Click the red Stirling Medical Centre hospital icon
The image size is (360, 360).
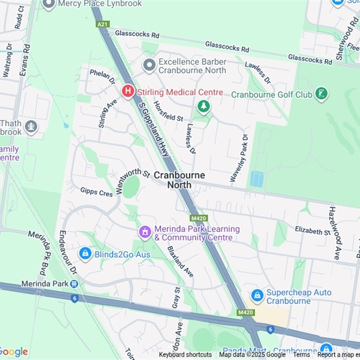tap(128, 92)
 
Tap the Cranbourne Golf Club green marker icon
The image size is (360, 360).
tap(321, 94)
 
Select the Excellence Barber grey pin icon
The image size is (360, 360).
tap(149, 66)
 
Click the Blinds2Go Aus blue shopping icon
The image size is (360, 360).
tap(85, 254)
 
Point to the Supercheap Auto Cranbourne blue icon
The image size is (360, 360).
tap(257, 296)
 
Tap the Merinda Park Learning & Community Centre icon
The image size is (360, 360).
tap(145, 232)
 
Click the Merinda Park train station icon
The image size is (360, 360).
tap(74, 284)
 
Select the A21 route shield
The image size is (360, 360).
tap(103, 24)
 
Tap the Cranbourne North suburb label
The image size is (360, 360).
tap(180, 180)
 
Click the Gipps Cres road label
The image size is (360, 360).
tap(96, 192)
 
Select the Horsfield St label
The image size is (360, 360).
tap(168, 112)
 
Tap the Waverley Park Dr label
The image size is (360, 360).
tap(239, 157)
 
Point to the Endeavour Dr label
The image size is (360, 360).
tap(68, 252)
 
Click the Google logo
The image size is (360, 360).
tap(14, 352)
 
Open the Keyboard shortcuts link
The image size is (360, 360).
tap(185, 355)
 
